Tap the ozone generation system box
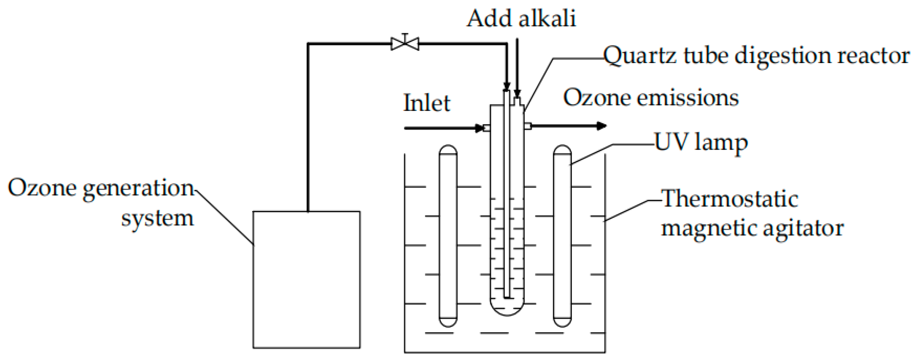306,279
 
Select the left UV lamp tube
448,236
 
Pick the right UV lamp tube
562,236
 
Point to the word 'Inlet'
427,103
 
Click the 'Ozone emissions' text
651,98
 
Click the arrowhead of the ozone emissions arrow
601,126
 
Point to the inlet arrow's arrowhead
479,128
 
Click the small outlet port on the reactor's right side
528,126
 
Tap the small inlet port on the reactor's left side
487,128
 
